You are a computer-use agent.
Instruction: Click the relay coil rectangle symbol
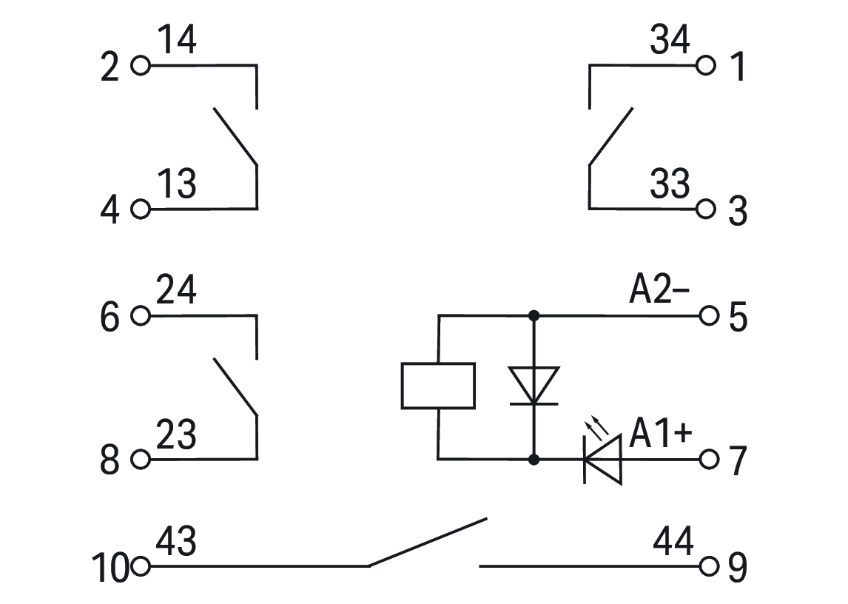tap(437, 385)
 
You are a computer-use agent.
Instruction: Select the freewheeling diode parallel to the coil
tap(534, 386)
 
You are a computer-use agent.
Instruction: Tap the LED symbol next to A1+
tap(602, 460)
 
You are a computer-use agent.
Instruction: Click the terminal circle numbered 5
tap(708, 316)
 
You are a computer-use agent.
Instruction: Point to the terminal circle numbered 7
tap(708, 459)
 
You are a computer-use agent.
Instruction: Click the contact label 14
tap(178, 41)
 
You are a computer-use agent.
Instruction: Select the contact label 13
tap(178, 184)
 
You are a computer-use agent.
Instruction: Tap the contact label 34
tap(670, 41)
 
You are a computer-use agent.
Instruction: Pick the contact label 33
tap(670, 184)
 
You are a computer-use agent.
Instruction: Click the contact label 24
tap(178, 291)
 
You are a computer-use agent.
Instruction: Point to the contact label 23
tap(178, 434)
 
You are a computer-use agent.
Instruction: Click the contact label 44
tap(673, 542)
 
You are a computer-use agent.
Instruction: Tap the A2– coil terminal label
tap(659, 292)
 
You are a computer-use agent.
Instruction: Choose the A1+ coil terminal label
tap(661, 434)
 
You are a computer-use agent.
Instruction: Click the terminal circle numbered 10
tap(141, 567)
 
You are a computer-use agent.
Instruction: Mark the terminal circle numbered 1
tap(707, 66)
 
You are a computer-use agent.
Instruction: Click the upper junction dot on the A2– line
tap(534, 316)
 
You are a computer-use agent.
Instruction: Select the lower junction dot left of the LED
tap(534, 459)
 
